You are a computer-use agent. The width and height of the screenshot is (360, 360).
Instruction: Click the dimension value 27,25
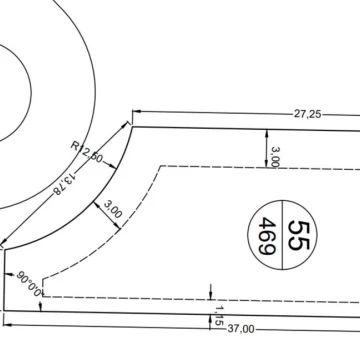pos(307,114)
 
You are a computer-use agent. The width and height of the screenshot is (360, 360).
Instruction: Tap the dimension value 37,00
pos(241,329)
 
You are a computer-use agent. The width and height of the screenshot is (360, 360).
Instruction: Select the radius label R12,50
pos(87,151)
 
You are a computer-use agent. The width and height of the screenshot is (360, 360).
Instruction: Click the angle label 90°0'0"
pos(30,284)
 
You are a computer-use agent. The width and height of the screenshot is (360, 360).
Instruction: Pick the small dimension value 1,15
pos(219,316)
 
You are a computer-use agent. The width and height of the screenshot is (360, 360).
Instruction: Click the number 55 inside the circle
pos(299,235)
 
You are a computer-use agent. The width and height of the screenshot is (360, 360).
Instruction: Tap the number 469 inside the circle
pos(267,235)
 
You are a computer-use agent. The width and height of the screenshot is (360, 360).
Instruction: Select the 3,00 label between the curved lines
pos(113,209)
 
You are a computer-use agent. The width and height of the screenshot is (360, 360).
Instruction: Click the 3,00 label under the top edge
pos(276,157)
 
